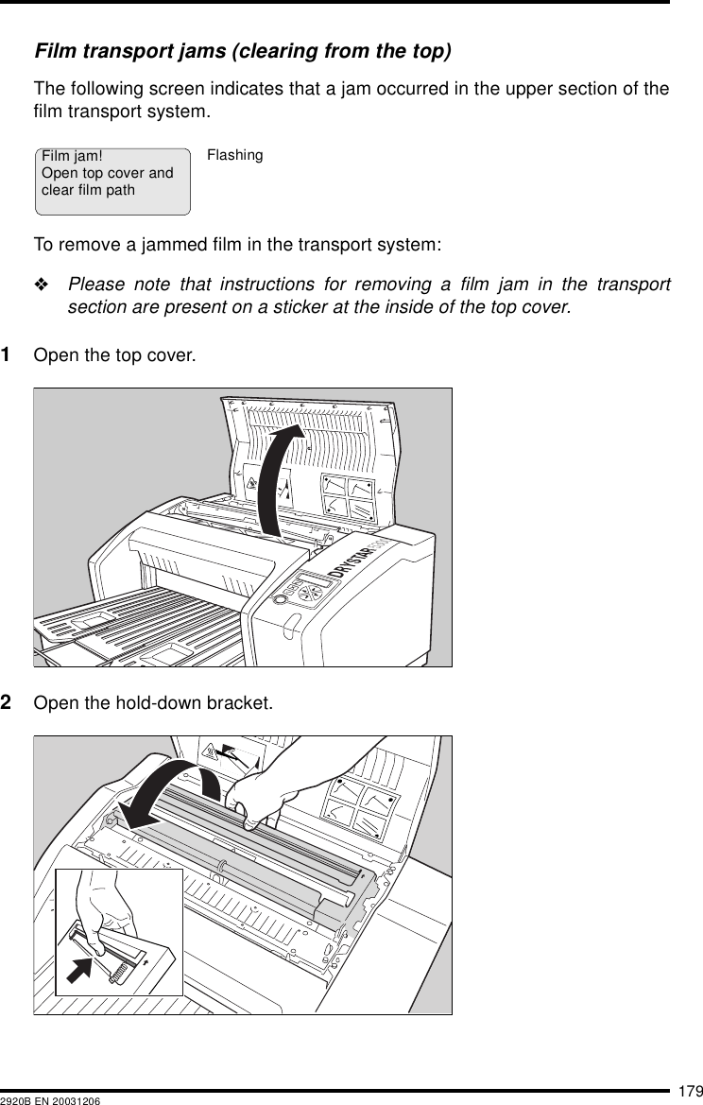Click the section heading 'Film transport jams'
[x=241, y=49]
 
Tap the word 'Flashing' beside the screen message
[x=234, y=155]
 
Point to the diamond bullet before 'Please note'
[x=44, y=285]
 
